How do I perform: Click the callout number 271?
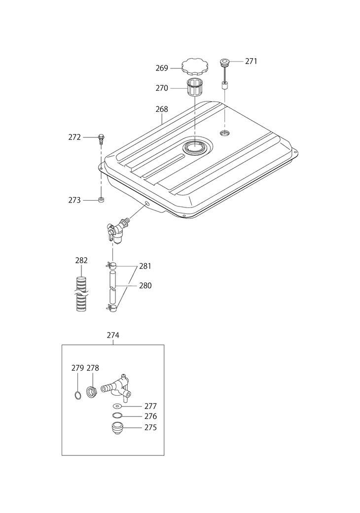(251, 62)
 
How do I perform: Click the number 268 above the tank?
(161, 109)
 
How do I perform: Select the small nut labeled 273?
(102, 200)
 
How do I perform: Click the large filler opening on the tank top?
(195, 146)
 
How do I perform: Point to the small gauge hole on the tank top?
(225, 134)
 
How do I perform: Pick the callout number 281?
(145, 266)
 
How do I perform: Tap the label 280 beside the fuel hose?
(145, 285)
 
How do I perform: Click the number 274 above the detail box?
(113, 335)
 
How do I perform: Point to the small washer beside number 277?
(117, 406)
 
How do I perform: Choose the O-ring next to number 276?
(117, 416)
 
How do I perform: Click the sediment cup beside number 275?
(117, 427)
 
